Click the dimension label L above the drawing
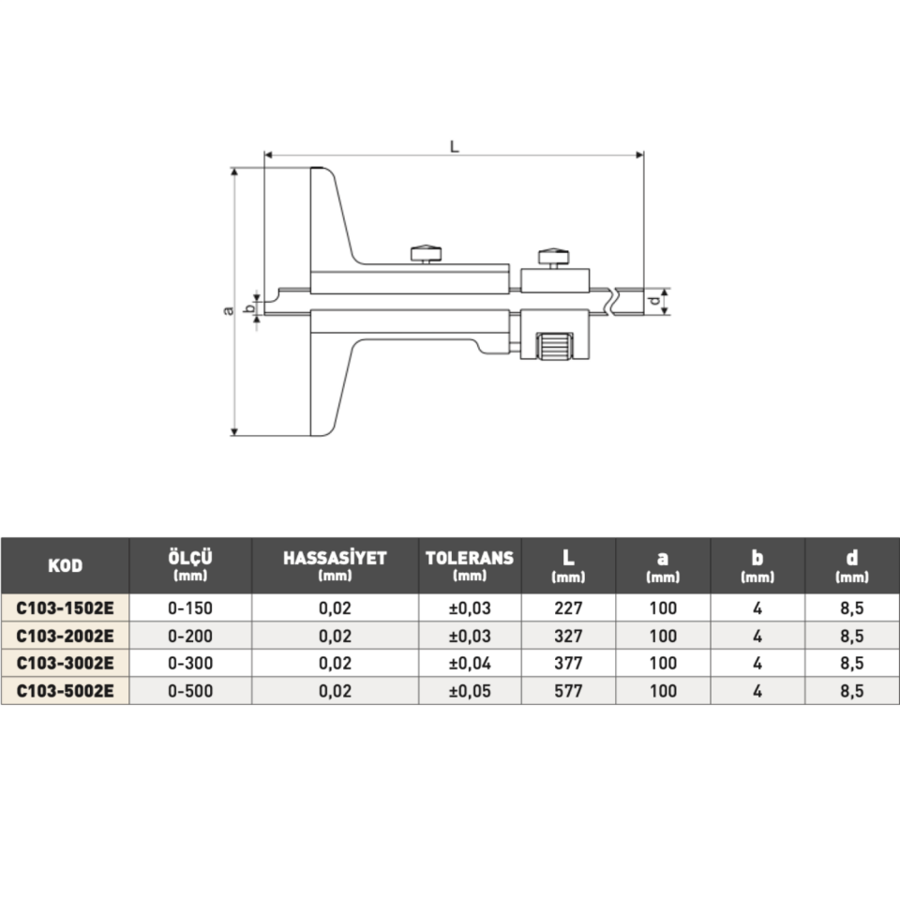coord(454,146)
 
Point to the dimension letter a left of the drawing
coord(229,310)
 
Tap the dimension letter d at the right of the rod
coord(652,301)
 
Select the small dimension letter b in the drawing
coord(248,308)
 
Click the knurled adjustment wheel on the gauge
coord(554,346)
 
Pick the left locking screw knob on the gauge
coord(426,254)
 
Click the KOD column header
coord(66,565)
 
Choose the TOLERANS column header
coord(470,565)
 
